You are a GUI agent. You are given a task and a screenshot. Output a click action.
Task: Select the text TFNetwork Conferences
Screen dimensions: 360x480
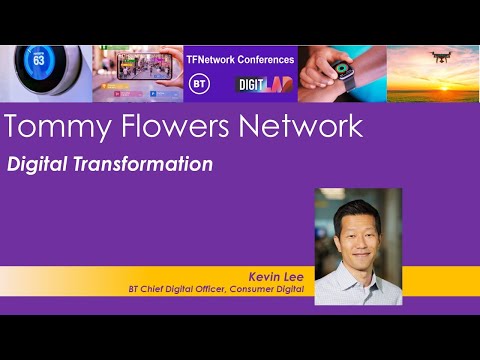[240, 59]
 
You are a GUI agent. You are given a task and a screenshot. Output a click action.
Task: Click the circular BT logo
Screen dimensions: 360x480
[200, 84]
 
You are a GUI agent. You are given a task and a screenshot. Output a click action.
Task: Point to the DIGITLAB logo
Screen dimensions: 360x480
[263, 85]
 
